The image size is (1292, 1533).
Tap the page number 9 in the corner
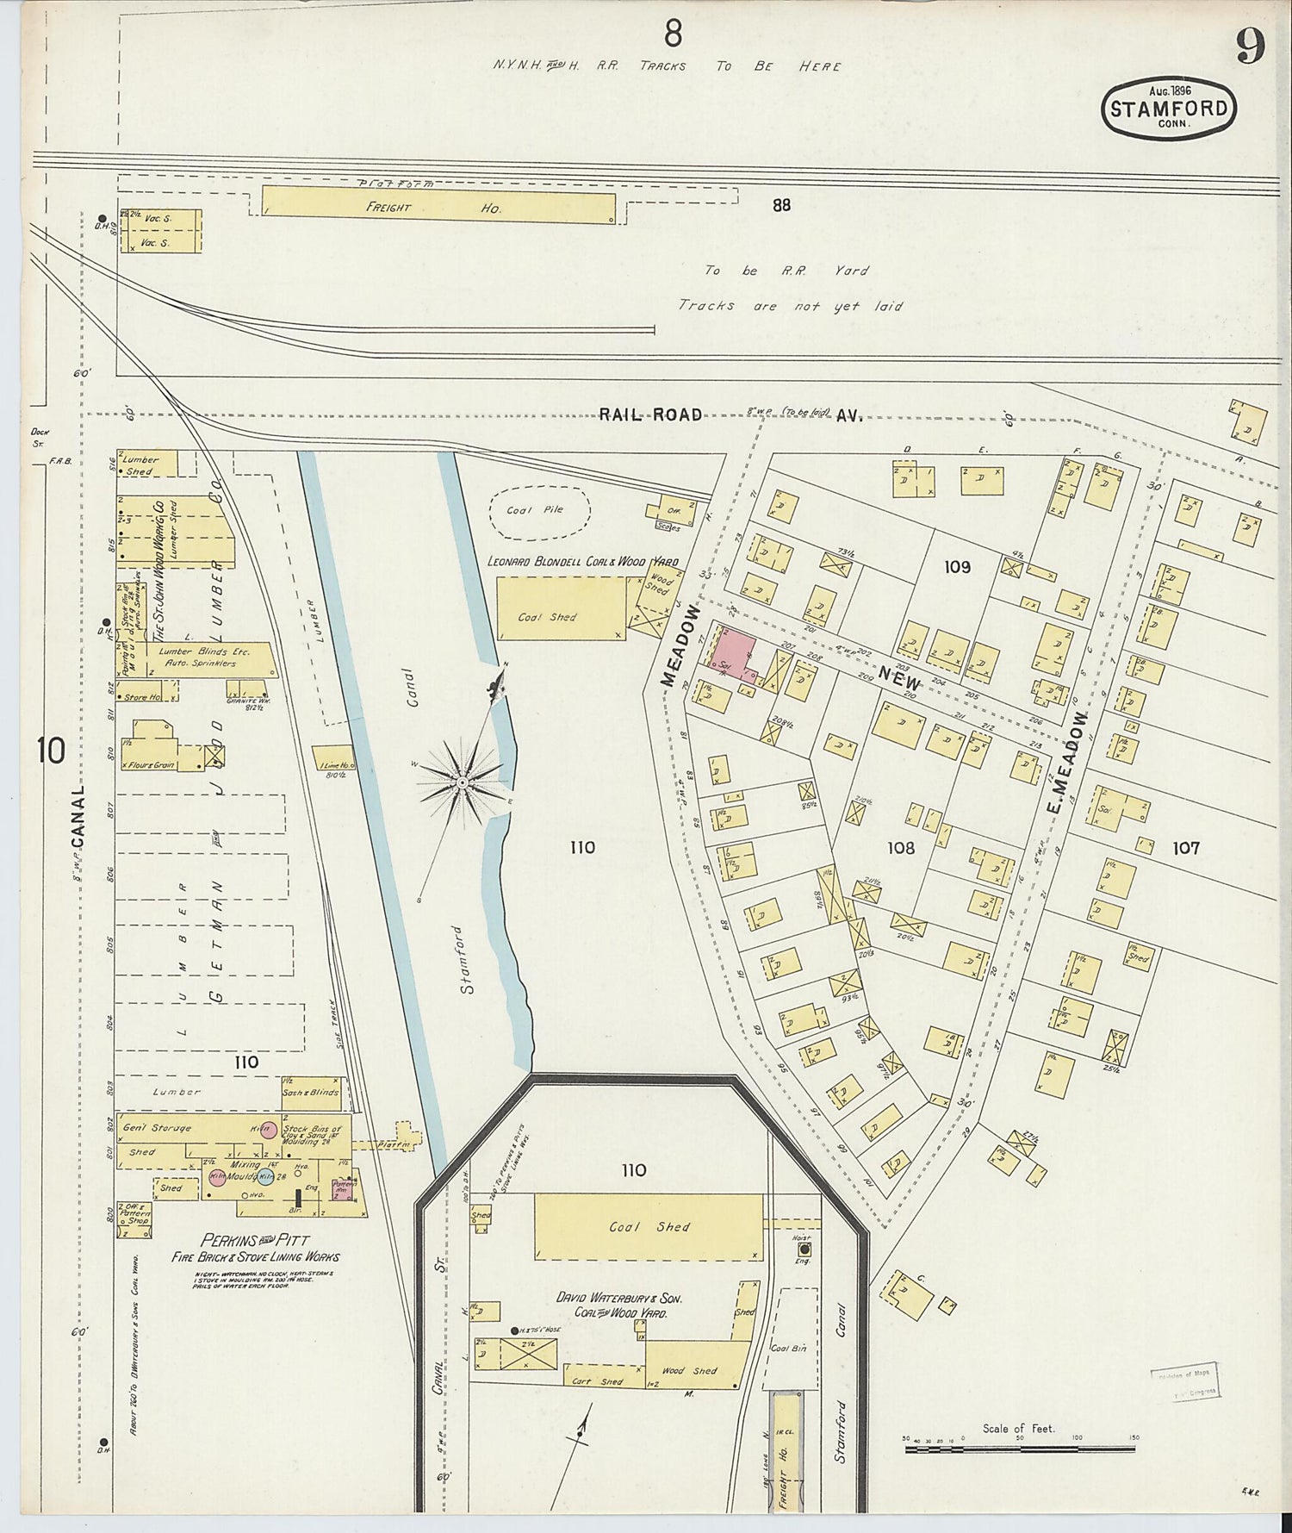point(1251,47)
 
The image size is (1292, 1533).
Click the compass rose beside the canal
point(463,782)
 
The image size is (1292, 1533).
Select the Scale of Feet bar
point(1021,1449)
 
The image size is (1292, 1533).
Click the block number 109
point(957,566)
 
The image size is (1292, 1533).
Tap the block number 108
point(901,848)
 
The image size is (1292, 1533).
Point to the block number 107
point(1185,848)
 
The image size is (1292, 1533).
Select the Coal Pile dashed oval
point(539,511)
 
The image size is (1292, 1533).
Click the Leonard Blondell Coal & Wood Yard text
point(582,561)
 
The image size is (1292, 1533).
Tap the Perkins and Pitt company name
point(256,1242)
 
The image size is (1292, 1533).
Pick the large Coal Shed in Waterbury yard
point(649,1227)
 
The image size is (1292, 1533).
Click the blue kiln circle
point(265,1178)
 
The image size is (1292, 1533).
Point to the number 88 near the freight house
point(781,205)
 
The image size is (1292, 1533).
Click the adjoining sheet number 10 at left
point(51,751)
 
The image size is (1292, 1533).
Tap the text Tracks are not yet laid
point(790,306)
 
